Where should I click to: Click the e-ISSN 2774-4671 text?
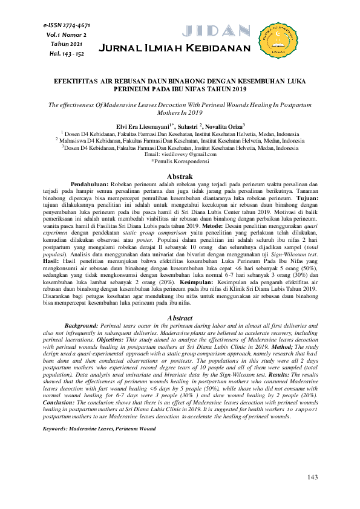[67, 26]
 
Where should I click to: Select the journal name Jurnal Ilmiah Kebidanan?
[174, 48]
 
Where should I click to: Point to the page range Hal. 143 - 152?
[67, 53]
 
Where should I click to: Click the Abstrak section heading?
[179, 176]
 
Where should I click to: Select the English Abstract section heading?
[179, 317]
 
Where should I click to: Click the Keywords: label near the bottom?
[58, 411]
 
